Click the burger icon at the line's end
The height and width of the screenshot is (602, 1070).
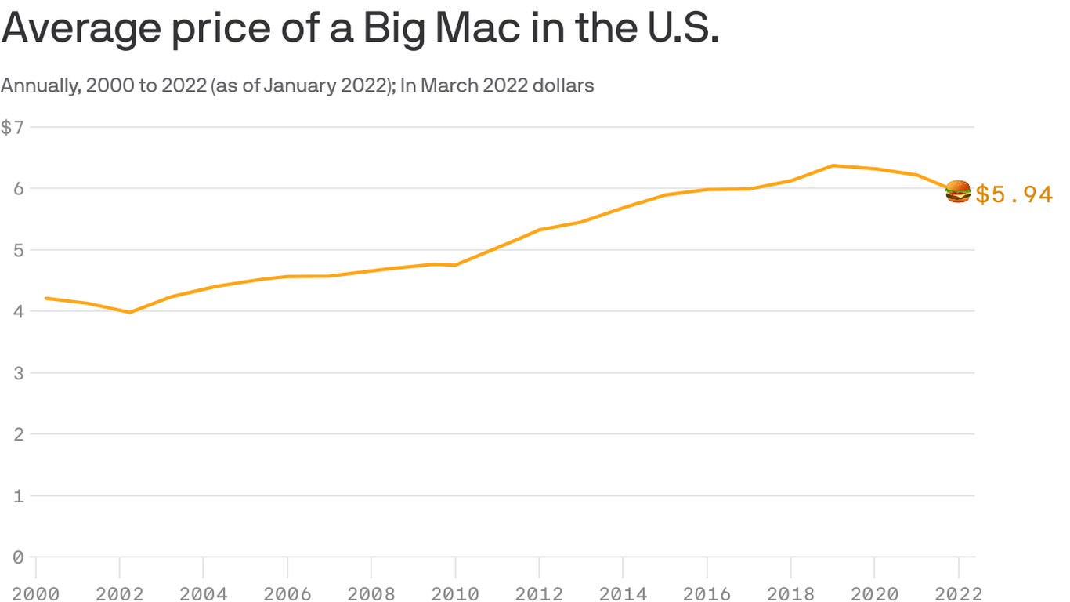click(958, 191)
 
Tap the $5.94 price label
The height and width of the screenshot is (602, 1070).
click(1014, 194)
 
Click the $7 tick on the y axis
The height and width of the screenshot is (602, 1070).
click(11, 127)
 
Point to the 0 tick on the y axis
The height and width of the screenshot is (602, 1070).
click(17, 557)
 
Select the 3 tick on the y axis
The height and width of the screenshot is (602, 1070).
click(17, 373)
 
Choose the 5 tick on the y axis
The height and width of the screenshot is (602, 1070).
click(17, 250)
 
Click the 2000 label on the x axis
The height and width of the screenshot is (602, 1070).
click(35, 593)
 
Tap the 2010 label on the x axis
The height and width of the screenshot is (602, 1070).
click(455, 593)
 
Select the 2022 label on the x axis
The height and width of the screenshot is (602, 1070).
click(957, 593)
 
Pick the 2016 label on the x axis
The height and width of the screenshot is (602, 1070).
click(707, 593)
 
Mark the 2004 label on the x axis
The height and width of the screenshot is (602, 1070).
click(203, 593)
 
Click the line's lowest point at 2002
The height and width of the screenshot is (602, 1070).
click(130, 312)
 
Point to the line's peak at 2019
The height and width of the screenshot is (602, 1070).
click(833, 165)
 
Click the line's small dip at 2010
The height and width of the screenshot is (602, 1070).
click(455, 265)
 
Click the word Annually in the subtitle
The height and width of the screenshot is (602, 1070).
click(39, 85)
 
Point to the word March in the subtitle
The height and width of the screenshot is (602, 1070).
click(448, 85)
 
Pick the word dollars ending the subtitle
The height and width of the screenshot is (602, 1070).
click(562, 85)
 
